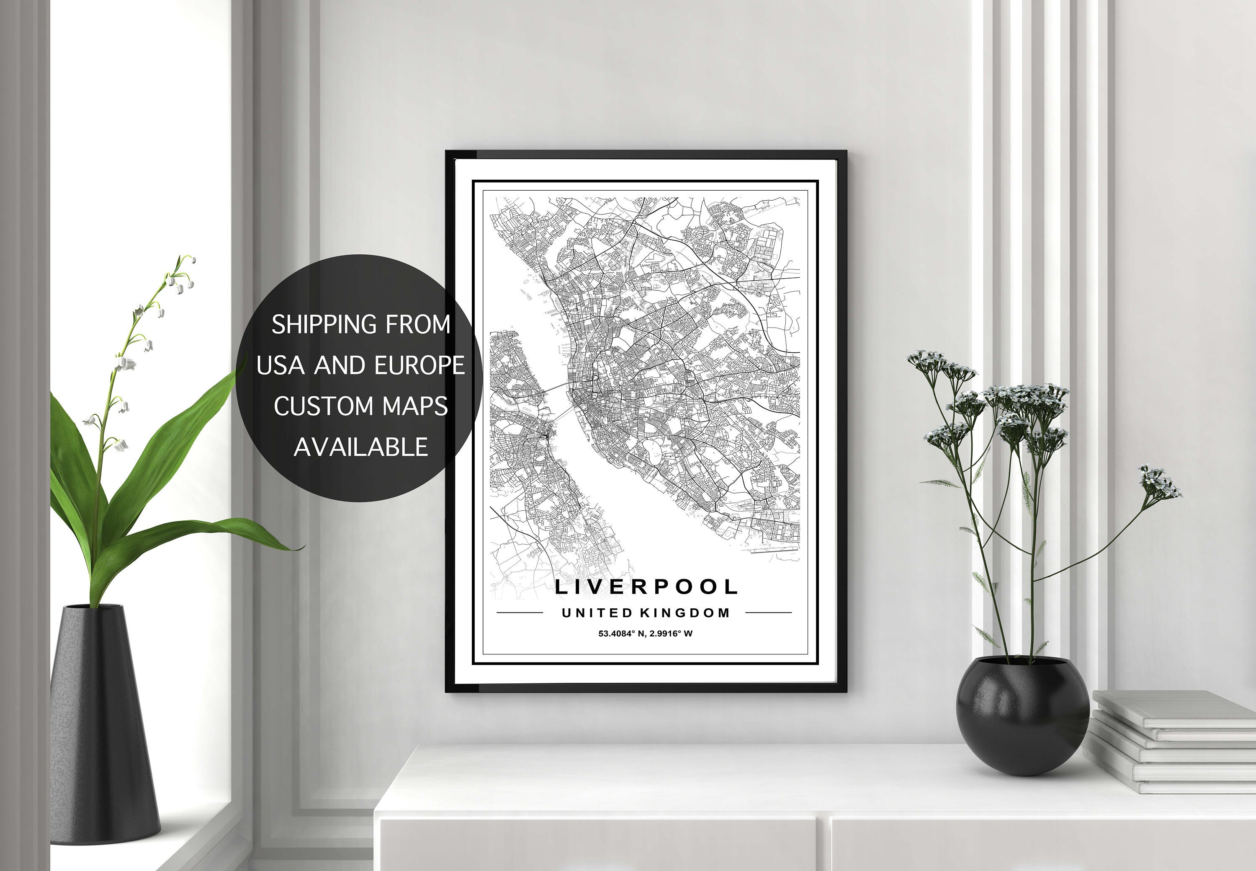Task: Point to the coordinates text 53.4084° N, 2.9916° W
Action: click(x=645, y=633)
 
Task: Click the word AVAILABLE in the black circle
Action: click(x=361, y=447)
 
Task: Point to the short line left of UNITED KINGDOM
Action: click(x=519, y=613)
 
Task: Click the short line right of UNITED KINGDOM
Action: click(x=768, y=613)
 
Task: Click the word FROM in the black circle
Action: click(x=418, y=325)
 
